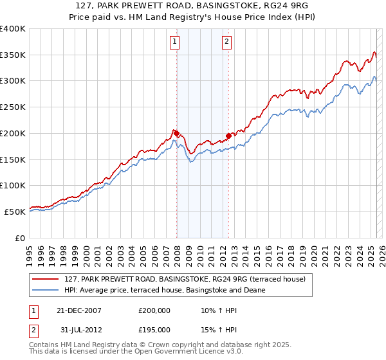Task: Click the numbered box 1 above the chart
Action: click(x=175, y=42)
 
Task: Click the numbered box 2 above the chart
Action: click(x=228, y=42)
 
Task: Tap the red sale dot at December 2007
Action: click(x=177, y=133)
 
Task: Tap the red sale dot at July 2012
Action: click(x=228, y=136)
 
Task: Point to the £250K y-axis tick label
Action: click(x=12, y=107)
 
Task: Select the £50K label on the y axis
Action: click(x=14, y=212)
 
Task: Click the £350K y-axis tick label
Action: click(x=12, y=55)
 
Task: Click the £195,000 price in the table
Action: click(x=154, y=330)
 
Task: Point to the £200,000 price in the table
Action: click(x=154, y=310)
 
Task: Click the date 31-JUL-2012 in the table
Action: click(x=75, y=330)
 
